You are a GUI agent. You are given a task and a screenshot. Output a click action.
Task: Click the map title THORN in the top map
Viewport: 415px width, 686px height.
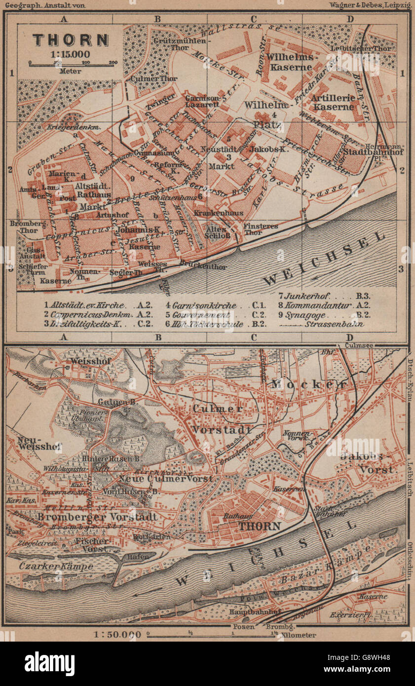pyautogui.click(x=71, y=40)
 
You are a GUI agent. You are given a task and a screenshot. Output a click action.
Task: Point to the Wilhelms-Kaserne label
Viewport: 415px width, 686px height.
pyautogui.click(x=289, y=62)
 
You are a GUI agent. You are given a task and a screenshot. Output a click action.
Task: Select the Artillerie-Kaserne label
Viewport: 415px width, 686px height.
pyautogui.click(x=334, y=102)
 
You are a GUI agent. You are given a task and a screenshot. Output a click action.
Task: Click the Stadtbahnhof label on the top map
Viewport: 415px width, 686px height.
pyautogui.click(x=366, y=152)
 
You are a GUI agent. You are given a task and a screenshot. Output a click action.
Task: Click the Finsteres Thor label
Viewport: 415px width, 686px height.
pyautogui.click(x=261, y=229)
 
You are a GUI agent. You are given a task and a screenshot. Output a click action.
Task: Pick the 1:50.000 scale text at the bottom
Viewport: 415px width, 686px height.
pyautogui.click(x=111, y=634)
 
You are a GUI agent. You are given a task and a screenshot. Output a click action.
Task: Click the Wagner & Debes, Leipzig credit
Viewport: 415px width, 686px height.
pyautogui.click(x=369, y=5)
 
